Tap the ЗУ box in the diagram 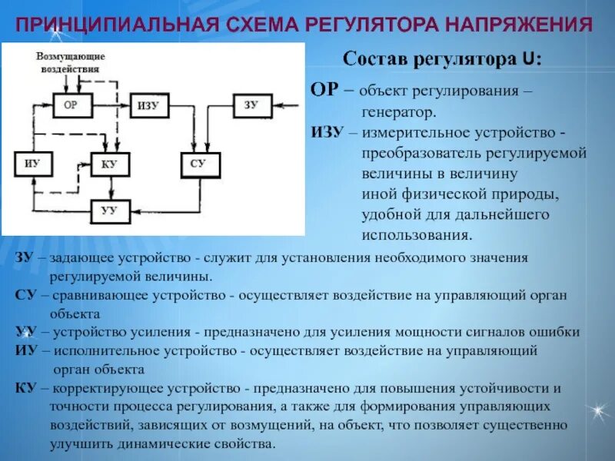pyautogui.click(x=251, y=105)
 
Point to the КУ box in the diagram pyautogui.click(x=108, y=164)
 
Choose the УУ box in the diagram pyautogui.click(x=108, y=210)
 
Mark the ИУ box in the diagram pyautogui.click(x=32, y=164)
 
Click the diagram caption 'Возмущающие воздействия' pyautogui.click(x=71, y=62)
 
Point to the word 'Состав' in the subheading pyautogui.click(x=371, y=58)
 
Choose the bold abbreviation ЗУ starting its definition pyautogui.click(x=24, y=258)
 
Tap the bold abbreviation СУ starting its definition pyautogui.click(x=25, y=295)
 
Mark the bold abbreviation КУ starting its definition pyautogui.click(x=25, y=387)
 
